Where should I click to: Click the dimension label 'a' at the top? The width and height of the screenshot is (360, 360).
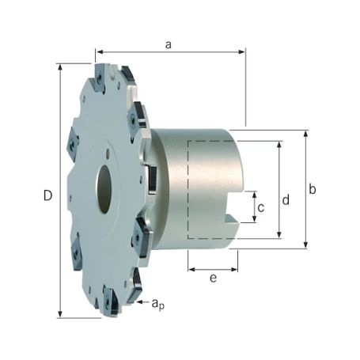168,45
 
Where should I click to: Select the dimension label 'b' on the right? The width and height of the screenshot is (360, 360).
313,190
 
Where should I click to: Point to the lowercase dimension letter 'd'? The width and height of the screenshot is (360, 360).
286,200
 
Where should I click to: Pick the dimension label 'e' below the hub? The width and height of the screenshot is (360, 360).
212,279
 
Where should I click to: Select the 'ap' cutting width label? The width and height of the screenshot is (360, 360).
158,303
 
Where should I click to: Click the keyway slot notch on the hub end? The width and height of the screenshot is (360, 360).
232,218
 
